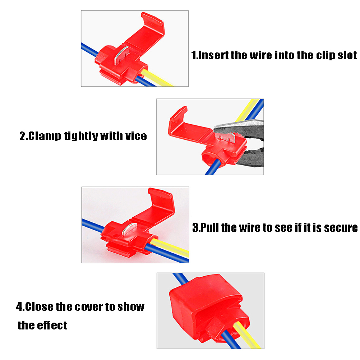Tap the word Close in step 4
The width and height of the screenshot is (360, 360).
pos(39,307)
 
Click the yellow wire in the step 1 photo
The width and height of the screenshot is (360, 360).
pos(157,78)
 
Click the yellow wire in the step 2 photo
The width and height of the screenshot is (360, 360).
pos(247,110)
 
